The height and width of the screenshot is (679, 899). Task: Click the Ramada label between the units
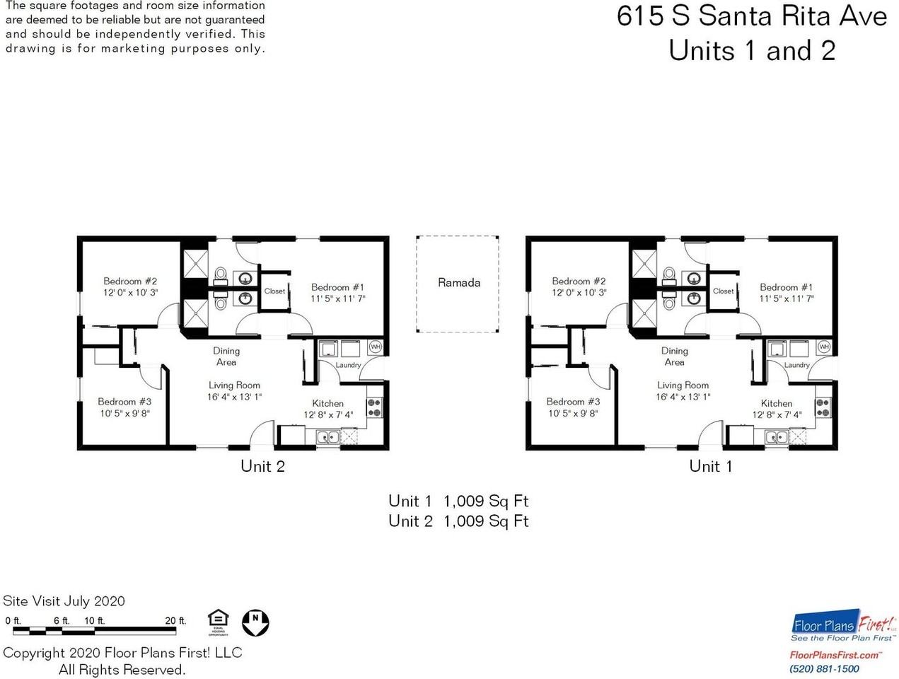pos(458,283)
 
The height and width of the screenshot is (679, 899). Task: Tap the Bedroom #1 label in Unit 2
pos(337,287)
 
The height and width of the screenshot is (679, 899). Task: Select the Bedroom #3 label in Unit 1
pos(573,401)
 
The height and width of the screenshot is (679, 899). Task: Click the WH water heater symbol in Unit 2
pos(375,347)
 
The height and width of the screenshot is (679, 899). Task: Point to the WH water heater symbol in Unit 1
pos(823,347)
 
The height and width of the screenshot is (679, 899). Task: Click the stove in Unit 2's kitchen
pos(374,407)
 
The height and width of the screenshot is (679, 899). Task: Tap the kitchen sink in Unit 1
pos(776,437)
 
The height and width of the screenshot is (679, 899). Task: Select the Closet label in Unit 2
pos(274,291)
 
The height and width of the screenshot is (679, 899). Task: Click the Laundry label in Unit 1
pos(796,365)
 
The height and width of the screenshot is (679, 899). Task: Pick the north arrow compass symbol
pos(256,622)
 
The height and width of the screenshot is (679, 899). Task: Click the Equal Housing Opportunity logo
pos(218,623)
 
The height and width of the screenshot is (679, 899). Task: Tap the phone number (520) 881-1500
pos(824,668)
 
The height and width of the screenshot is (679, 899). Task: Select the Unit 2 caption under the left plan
pos(262,466)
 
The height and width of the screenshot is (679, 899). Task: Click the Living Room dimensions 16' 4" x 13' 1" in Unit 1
pos(683,397)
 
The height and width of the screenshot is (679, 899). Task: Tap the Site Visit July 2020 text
pos(64,601)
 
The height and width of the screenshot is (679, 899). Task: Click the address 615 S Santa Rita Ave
pos(752,16)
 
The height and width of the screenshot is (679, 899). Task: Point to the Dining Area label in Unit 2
pos(226,356)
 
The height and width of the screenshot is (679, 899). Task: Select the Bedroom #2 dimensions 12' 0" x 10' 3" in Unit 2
pos(130,292)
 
